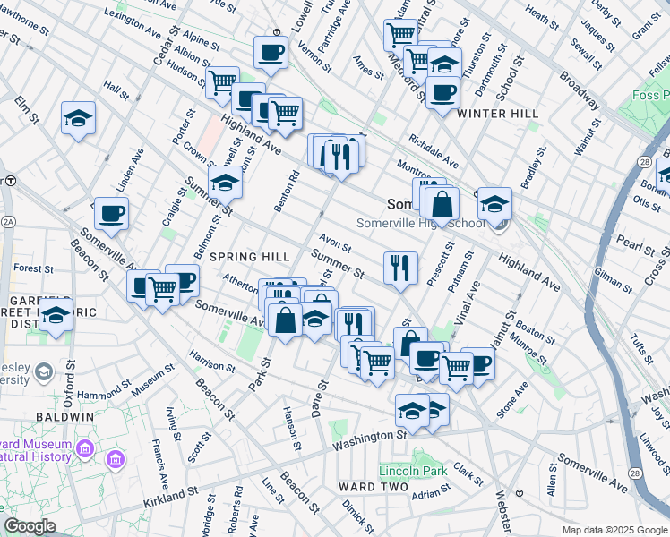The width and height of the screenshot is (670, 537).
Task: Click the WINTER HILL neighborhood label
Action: [497, 115]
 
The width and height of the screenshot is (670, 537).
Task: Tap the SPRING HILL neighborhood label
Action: [249, 257]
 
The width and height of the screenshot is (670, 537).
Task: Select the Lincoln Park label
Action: [412, 471]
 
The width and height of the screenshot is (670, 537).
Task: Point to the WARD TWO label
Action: [363, 486]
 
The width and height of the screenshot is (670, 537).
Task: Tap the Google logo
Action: [30, 526]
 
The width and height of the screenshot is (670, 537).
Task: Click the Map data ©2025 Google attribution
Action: [614, 530]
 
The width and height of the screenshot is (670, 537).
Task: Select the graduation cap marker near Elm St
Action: [79, 117]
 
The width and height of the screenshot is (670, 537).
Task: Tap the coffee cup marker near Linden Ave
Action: [111, 213]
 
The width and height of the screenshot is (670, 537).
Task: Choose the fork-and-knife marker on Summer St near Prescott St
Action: [400, 267]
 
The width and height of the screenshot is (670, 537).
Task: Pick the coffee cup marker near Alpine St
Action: [270, 52]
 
